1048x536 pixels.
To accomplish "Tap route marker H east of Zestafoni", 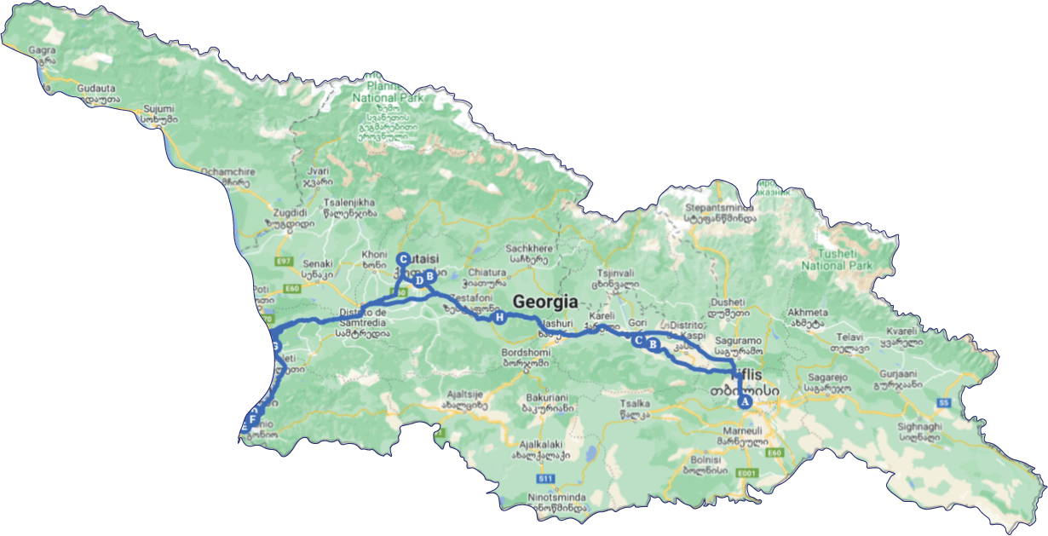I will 499,318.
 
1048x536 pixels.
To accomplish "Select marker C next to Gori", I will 638,340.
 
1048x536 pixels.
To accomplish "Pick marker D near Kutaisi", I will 418,279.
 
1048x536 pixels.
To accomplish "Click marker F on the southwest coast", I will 253,418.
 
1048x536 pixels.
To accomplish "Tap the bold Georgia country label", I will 545,302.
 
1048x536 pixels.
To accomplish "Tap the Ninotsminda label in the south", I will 553,496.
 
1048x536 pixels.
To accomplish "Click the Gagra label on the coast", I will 42,50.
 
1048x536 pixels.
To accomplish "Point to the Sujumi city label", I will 158,109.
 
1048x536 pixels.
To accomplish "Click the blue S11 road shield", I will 546,478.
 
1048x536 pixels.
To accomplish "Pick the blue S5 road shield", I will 942,402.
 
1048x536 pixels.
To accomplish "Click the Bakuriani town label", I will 547,397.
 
